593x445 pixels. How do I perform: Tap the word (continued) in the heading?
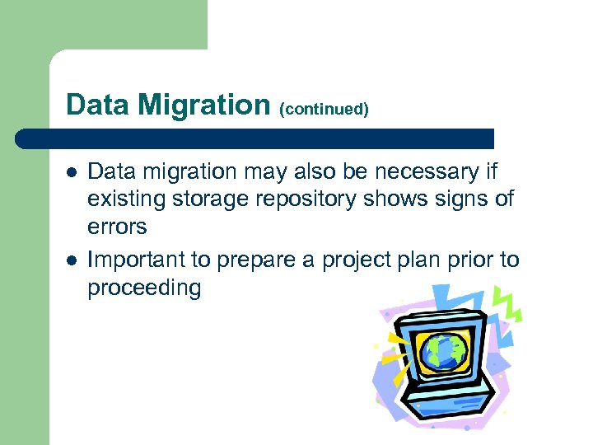tap(324, 109)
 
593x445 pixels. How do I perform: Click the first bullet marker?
tap(72, 172)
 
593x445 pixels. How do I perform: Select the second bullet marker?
tap(72, 260)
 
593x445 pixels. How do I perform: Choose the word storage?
tap(206, 199)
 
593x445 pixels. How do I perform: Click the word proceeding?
tap(144, 288)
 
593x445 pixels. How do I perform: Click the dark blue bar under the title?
tap(255, 138)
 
